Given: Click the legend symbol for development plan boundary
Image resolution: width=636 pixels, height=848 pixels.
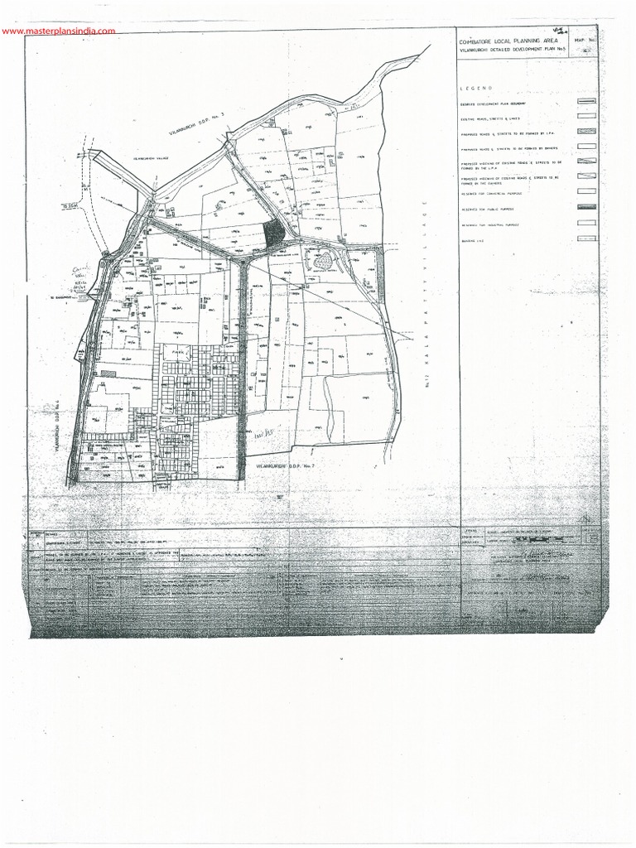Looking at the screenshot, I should [x=585, y=103].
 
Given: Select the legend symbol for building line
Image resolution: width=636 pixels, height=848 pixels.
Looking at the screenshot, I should [x=585, y=240].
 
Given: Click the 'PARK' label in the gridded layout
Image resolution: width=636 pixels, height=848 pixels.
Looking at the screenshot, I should [x=176, y=354].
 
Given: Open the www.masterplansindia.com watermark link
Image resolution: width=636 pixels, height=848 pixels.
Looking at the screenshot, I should [x=58, y=31].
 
